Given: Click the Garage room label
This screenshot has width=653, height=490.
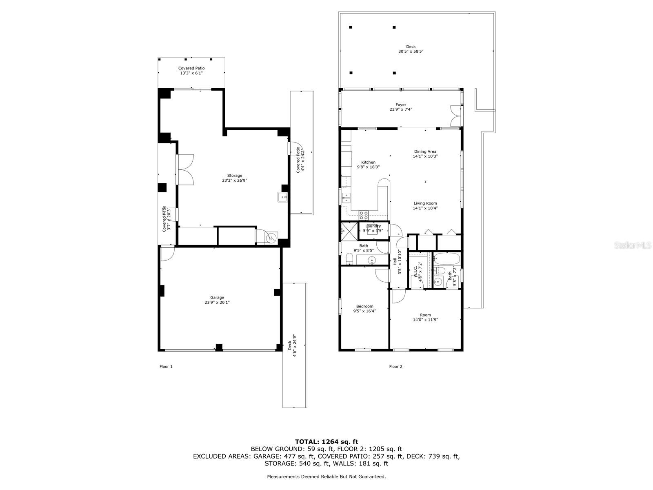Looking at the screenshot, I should coord(217,300).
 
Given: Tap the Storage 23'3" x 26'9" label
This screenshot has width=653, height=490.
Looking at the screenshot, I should coord(235,178).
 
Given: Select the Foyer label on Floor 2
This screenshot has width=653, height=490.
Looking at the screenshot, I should coord(401,107).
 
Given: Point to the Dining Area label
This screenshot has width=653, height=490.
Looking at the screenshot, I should coord(425,154).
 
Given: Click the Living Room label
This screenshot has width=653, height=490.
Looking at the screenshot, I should coord(425,206).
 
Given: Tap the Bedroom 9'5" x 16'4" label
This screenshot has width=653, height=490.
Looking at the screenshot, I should coord(364,309).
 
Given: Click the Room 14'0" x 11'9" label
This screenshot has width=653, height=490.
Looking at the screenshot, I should coord(425,317).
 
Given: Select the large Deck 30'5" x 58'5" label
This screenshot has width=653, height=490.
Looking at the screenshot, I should coord(411,49).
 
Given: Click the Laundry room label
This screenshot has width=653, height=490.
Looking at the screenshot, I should coord(373,228).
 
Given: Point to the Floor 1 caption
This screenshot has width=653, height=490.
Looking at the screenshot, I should coord(166,367).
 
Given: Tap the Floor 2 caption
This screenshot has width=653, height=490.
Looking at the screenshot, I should coord(395,367).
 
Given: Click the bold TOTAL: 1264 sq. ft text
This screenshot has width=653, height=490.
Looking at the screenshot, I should coord(326,441).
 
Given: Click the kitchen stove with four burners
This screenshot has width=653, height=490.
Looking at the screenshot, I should coord(363,215).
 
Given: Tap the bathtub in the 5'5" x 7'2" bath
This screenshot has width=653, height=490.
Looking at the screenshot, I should coord(447,258).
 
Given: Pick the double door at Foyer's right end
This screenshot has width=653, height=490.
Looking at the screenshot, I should coord(455,116).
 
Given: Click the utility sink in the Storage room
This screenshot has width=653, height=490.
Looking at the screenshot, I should coord(283,198).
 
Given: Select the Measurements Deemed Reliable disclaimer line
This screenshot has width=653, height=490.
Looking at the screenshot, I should coord(326,477).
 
